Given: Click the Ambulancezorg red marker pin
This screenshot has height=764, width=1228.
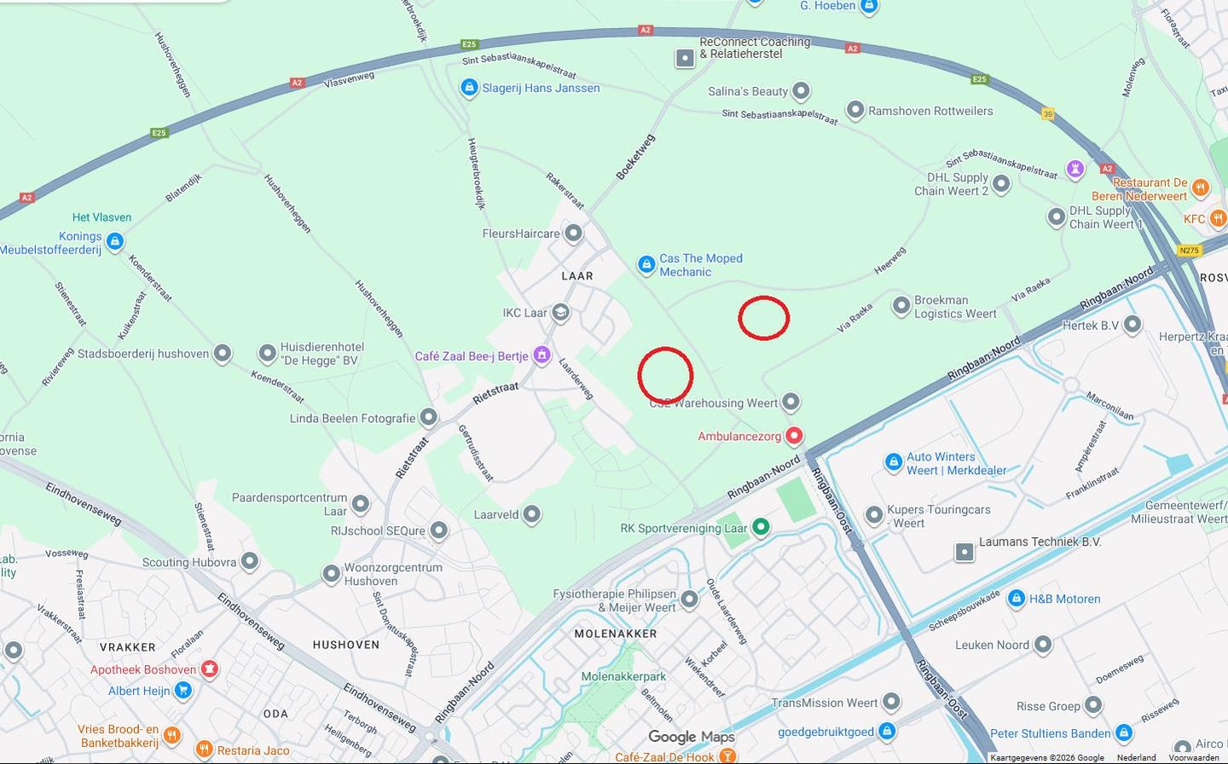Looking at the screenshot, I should click(x=794, y=436).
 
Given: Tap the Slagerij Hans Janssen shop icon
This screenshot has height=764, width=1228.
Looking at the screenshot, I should click(x=468, y=87).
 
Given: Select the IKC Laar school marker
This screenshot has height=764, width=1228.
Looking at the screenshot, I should click(x=560, y=313).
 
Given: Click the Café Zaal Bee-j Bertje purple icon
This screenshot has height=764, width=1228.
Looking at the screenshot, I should click(x=542, y=356).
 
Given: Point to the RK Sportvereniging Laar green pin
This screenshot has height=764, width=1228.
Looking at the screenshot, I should click(x=761, y=528).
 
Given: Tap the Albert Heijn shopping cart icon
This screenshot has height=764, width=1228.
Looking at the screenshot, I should click(x=182, y=691).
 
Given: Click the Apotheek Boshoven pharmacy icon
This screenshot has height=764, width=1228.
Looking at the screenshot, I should click(x=209, y=669).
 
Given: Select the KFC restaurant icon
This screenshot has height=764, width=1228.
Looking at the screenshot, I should click(x=1217, y=219).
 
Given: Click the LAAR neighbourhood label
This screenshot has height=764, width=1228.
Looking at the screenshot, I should click(x=577, y=276).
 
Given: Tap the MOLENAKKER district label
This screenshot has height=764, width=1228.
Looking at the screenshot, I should click(x=616, y=634).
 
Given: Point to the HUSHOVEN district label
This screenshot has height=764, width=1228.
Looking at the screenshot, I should click(x=346, y=645).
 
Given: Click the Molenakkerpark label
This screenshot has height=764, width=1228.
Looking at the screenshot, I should click(x=623, y=676).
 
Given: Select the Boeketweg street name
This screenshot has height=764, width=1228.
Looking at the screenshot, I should click(x=635, y=157).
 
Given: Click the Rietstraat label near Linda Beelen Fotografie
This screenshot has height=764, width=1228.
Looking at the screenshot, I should click(x=495, y=393).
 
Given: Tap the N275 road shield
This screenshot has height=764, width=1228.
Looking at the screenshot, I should click(x=1189, y=251).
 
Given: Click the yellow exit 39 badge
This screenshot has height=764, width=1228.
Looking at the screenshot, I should click(x=1048, y=113).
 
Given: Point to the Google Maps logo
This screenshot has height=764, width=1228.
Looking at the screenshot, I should click(x=691, y=737).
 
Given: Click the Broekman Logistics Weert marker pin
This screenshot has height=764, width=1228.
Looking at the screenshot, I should click(x=901, y=306).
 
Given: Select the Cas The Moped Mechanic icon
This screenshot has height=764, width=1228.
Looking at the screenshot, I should click(x=646, y=264).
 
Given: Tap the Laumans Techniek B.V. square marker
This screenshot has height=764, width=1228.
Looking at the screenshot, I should click(x=964, y=552).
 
